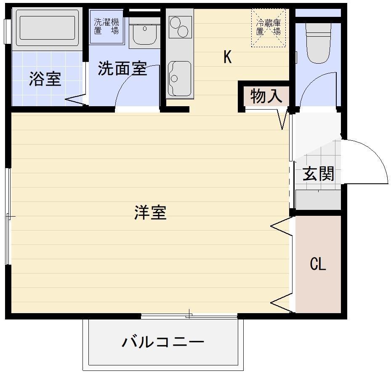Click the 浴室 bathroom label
(45, 79)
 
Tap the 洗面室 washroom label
(122, 68)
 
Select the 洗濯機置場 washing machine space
(106, 27)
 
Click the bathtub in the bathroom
(47, 28)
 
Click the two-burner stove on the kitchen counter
(180, 27)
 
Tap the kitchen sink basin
(179, 79)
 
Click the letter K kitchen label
(227, 57)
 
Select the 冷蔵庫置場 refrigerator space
(269, 28)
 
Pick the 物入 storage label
(266, 96)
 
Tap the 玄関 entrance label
(318, 174)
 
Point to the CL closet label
(318, 264)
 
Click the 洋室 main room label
(150, 212)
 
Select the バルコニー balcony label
(163, 342)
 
